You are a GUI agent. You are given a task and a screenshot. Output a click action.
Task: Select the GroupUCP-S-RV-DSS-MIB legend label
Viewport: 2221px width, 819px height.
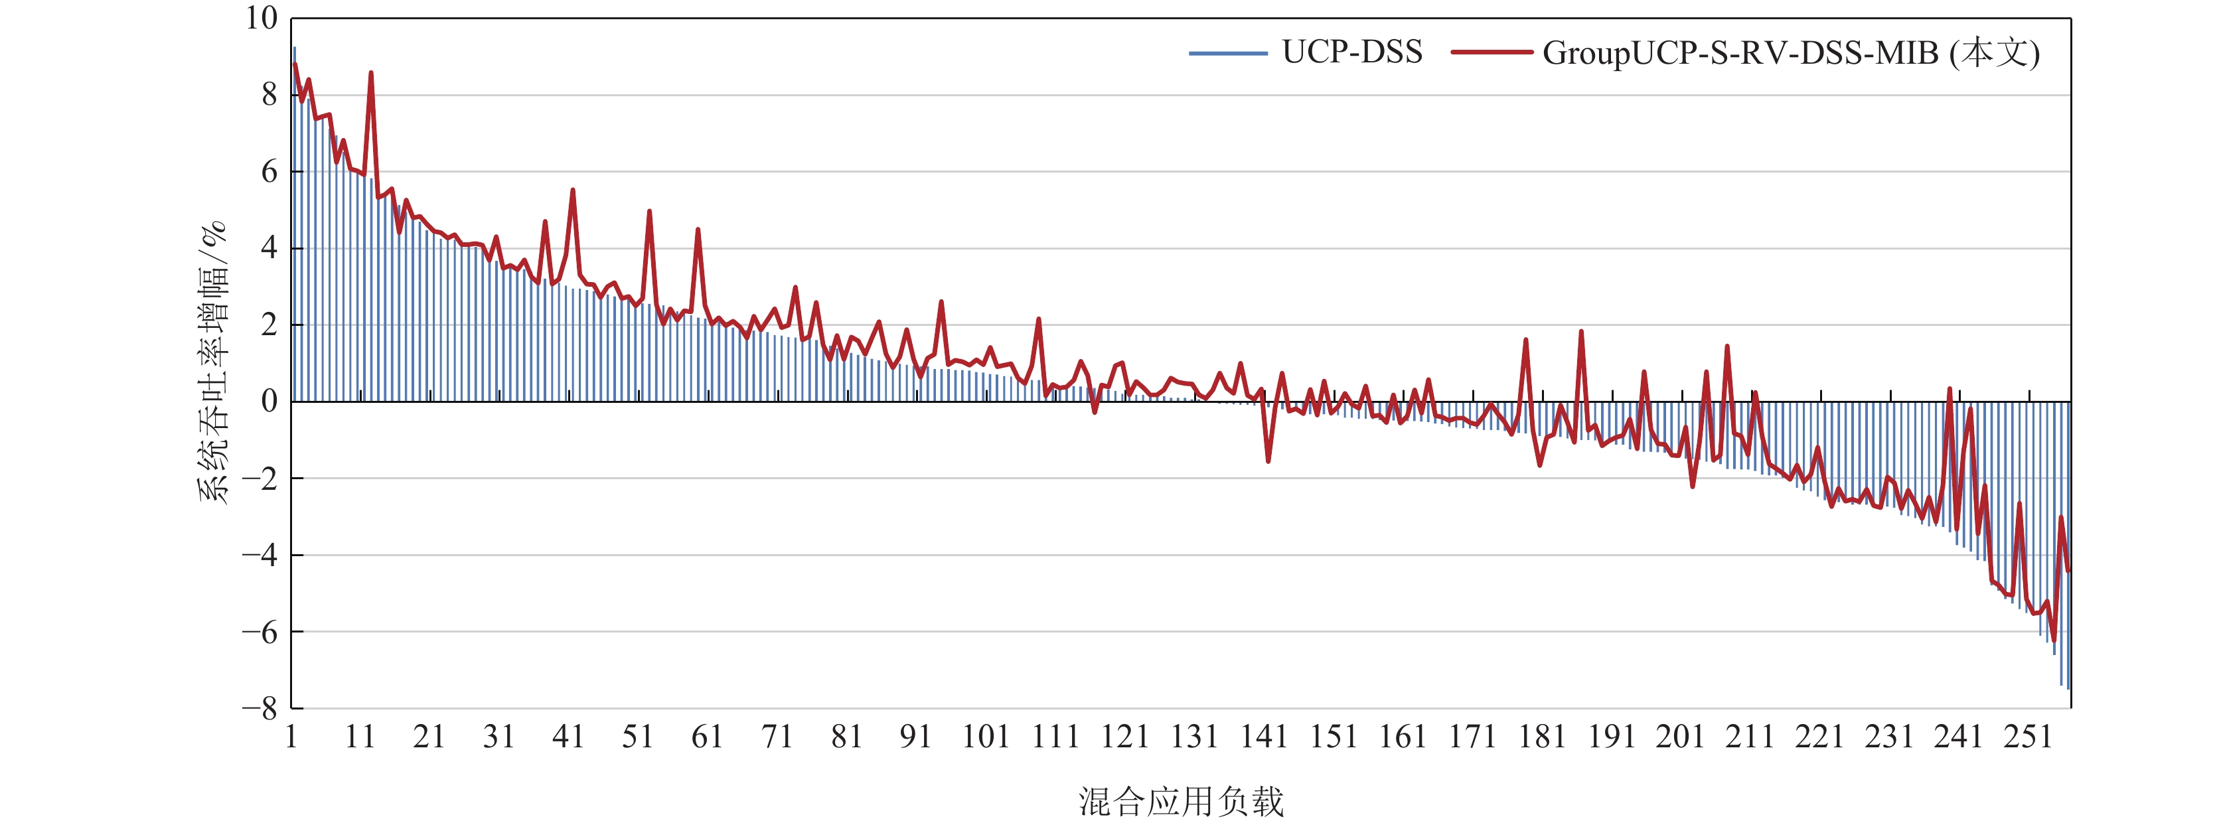[x=1791, y=54]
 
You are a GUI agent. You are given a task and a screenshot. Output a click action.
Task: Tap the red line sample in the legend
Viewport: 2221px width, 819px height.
[x=1492, y=52]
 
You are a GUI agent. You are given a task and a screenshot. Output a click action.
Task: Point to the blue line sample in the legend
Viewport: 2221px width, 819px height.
[x=1228, y=54]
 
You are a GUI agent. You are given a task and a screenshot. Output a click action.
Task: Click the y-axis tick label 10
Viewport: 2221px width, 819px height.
[x=262, y=18]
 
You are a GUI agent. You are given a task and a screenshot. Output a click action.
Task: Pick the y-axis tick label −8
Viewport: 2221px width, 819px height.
[x=260, y=709]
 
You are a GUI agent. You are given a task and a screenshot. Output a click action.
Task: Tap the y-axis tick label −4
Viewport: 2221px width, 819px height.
[x=260, y=556]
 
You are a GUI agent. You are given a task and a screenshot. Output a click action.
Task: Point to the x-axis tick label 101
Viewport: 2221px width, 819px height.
[x=986, y=737]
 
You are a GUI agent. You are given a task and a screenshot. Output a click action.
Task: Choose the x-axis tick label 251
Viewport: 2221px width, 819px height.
[x=2028, y=737]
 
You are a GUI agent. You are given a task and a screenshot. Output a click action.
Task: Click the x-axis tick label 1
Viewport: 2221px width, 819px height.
[x=291, y=737]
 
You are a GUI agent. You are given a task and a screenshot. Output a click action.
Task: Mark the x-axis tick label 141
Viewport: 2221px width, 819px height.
[x=1264, y=737]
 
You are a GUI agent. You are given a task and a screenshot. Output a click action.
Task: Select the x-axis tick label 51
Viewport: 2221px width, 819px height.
[x=638, y=737]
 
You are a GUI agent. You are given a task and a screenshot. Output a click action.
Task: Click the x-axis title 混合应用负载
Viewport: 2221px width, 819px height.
[x=1180, y=801]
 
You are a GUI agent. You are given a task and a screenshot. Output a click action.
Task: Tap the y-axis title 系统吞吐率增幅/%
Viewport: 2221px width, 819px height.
[x=213, y=362]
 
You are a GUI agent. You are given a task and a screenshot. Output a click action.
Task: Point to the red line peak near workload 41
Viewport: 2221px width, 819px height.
[x=572, y=190]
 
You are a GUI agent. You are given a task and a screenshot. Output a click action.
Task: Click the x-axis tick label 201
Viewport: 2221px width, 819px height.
[x=1681, y=737]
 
